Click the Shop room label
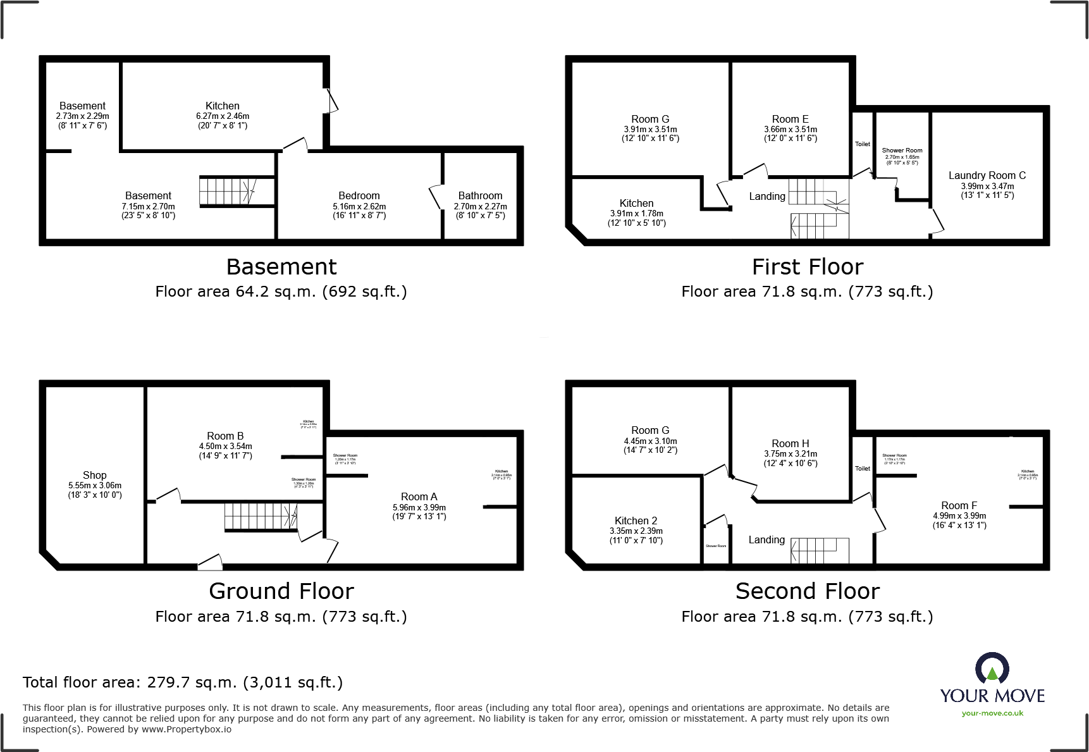[x=95, y=475]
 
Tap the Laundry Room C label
[x=987, y=175]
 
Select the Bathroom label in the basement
[x=480, y=196]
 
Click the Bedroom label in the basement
[x=359, y=196]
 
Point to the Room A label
[x=419, y=497]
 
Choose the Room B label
[x=225, y=436]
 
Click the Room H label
[x=790, y=443]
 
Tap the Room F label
[x=959, y=505]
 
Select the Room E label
[x=790, y=119]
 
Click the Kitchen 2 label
[x=636, y=521]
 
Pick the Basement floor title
[x=281, y=267]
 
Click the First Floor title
[x=807, y=267]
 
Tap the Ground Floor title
[x=281, y=591]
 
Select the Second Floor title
[x=807, y=591]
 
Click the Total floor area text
[x=183, y=682]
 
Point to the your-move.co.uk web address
[x=992, y=713]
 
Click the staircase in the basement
[x=228, y=190]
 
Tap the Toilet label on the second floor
[x=863, y=469]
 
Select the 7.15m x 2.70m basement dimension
[x=148, y=206]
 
